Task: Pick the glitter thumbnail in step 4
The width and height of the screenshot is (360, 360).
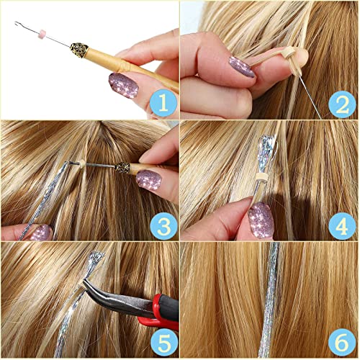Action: click(x=260, y=217)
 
